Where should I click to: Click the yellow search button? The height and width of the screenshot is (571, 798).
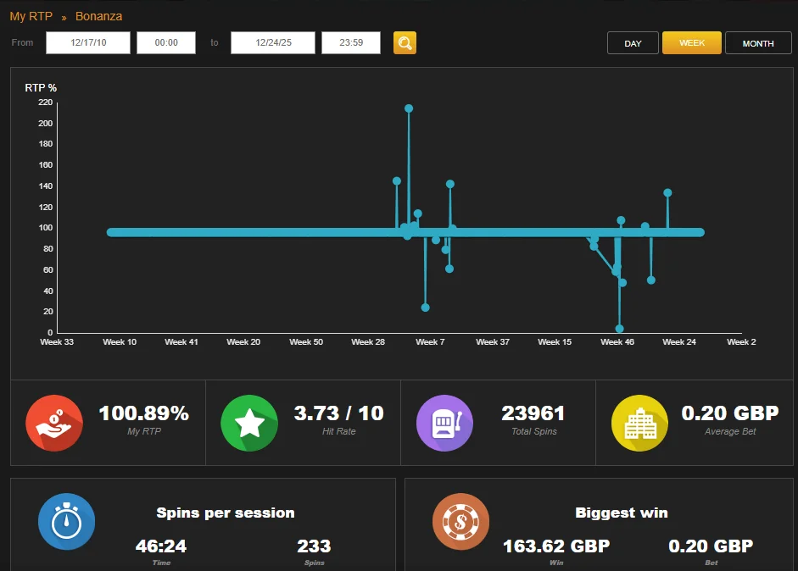[x=405, y=42]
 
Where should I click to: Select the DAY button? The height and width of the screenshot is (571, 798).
[x=633, y=43]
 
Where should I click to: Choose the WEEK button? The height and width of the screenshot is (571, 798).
[x=692, y=42]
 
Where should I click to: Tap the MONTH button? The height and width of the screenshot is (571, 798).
[x=758, y=43]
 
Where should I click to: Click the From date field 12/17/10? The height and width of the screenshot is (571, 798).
[x=88, y=42]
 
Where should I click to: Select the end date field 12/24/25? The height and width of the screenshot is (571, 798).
[x=273, y=42]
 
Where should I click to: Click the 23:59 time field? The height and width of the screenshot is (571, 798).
[x=350, y=42]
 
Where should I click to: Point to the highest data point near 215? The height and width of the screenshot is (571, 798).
[x=409, y=108]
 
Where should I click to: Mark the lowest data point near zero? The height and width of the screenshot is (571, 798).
[x=619, y=329]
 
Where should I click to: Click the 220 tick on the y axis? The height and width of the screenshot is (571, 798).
[x=45, y=103]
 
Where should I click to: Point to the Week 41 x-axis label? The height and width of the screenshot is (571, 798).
[x=181, y=341]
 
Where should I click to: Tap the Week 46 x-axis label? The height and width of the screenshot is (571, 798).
[x=617, y=341]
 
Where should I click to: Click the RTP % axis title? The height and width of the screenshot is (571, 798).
[x=41, y=87]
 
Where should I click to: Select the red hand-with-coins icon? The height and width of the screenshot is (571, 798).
[x=54, y=423]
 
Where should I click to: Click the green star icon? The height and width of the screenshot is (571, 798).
[x=249, y=423]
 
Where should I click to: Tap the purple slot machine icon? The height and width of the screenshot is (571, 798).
[x=445, y=423]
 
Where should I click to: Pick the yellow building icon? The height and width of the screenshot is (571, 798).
[x=639, y=423]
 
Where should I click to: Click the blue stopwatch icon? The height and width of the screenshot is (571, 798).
[x=67, y=521]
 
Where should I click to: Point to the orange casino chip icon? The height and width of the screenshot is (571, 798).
[x=461, y=521]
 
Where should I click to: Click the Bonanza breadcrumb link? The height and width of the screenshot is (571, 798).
[x=98, y=16]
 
